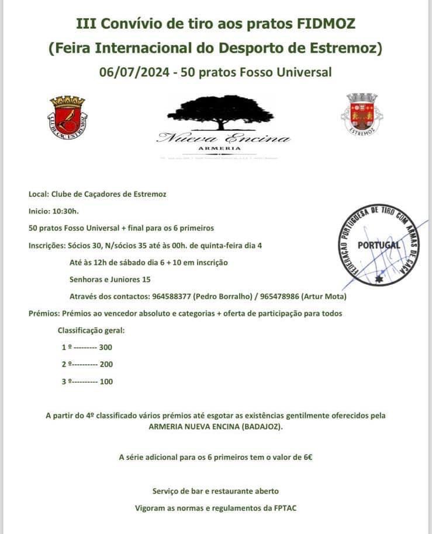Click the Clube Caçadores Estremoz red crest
pyautogui.click(x=68, y=117)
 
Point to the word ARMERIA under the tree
pyautogui.click(x=224, y=148)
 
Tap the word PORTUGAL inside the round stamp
pyautogui.click(x=379, y=245)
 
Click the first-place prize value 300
pyautogui.click(x=105, y=347)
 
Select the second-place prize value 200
pyautogui.click(x=106, y=364)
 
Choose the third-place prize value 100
pyautogui.click(x=106, y=382)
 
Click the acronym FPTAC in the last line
pyautogui.click(x=285, y=508)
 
